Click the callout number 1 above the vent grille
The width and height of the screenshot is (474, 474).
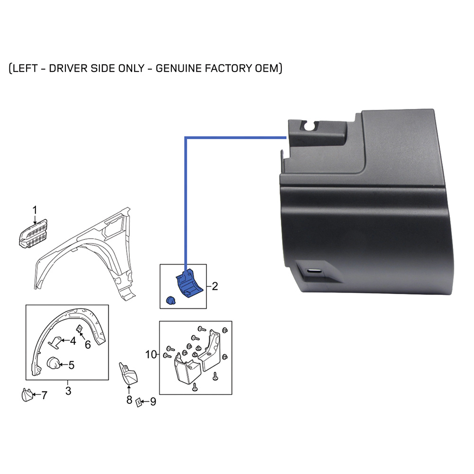35,210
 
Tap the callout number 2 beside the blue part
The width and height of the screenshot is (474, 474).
215,286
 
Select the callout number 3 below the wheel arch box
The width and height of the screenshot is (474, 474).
68,391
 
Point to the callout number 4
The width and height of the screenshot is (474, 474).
73,340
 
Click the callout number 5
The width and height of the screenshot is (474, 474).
72,365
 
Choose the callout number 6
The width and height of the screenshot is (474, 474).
88,345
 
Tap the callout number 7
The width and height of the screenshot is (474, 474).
45,395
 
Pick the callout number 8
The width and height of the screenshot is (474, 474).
129,400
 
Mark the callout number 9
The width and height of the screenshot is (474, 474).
153,402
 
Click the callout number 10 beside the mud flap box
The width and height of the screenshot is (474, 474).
151,354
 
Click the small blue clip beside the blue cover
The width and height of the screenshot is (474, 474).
171,300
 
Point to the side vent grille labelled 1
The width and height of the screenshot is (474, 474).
33,233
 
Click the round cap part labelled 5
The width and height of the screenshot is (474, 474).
53,363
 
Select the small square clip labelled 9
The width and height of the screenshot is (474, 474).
139,402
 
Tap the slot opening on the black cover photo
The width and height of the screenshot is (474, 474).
315,270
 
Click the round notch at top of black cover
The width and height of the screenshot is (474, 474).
310,126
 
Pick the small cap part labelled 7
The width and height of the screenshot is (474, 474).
27,395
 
